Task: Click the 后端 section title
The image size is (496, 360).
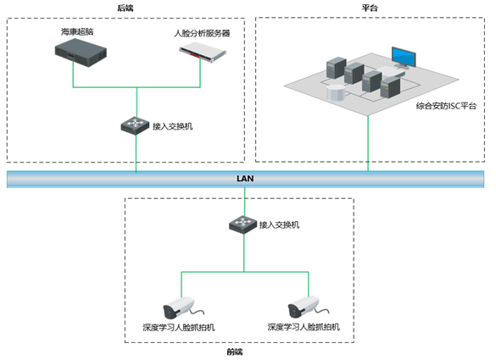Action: point(125,8)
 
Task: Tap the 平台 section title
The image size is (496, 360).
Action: point(370,8)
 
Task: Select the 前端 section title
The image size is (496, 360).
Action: point(235,352)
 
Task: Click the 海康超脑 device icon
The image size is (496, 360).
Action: point(81,53)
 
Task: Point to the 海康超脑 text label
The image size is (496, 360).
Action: point(77,31)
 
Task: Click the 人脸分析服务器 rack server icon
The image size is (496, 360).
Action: point(203,51)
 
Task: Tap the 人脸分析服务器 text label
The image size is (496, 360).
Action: point(202,33)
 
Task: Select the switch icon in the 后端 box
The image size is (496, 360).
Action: point(135,125)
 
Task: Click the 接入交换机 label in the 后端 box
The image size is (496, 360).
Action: point(173,126)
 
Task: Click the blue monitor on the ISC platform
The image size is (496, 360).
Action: point(404,58)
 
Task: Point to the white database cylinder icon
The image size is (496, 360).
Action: point(336,93)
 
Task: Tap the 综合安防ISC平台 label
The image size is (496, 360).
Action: point(446,106)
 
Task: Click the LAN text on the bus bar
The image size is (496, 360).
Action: point(245,179)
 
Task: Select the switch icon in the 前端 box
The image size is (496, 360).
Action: point(243,224)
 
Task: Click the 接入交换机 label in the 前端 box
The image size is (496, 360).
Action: point(279,224)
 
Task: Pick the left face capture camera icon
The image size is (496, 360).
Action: point(181,307)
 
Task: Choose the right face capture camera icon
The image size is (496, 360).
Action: point(307,307)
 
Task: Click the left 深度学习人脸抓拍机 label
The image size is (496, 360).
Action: point(179,327)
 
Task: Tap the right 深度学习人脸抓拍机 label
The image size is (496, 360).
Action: point(304,326)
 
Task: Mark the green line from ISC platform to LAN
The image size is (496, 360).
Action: point(368,143)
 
